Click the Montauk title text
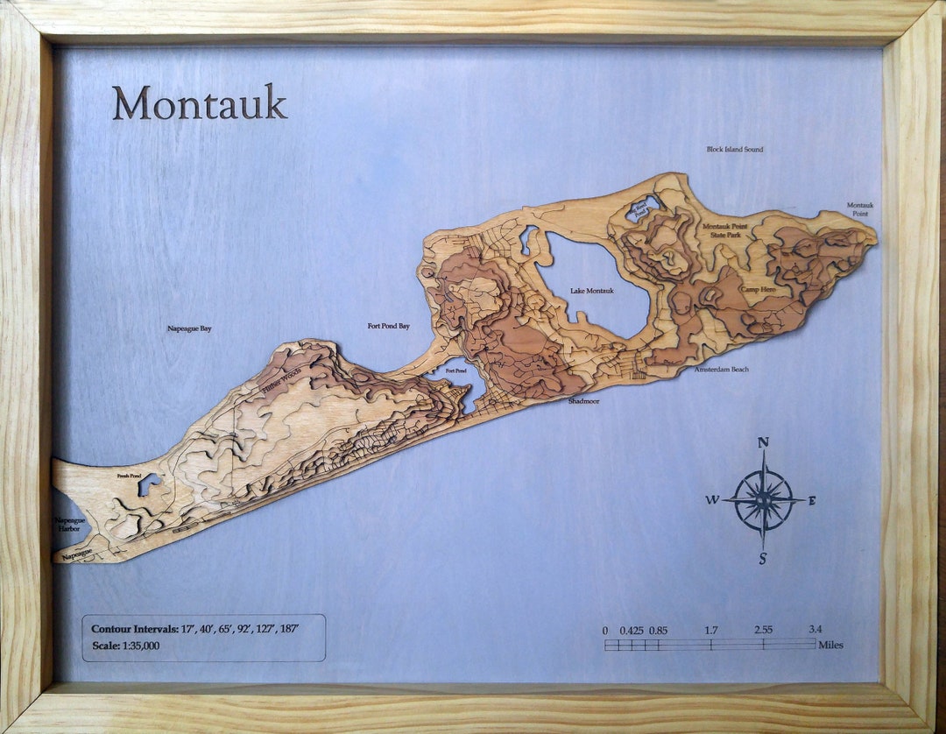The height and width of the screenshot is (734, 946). coord(199,103)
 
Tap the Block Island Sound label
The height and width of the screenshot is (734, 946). coord(734,150)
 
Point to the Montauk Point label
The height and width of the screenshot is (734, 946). coord(859,209)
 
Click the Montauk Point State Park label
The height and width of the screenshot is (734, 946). coord(727,230)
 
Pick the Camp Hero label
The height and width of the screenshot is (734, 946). coord(758,289)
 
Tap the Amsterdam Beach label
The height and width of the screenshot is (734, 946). coord(721,370)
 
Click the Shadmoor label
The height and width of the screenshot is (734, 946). coord(582,400)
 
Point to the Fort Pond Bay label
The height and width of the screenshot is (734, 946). coord(388,327)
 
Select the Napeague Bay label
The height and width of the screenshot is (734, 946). coord(189,329)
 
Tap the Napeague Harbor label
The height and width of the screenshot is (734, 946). coord(69,524)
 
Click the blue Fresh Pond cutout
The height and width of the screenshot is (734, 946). coord(149,483)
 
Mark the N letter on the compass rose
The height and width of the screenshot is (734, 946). coord(763,443)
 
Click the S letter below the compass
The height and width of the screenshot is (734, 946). coord(763,560)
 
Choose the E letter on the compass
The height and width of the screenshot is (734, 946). coord(812,501)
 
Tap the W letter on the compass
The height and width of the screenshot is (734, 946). coord(712,500)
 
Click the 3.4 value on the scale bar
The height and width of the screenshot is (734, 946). coord(815,629)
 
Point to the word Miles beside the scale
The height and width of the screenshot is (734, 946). coord(830,646)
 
